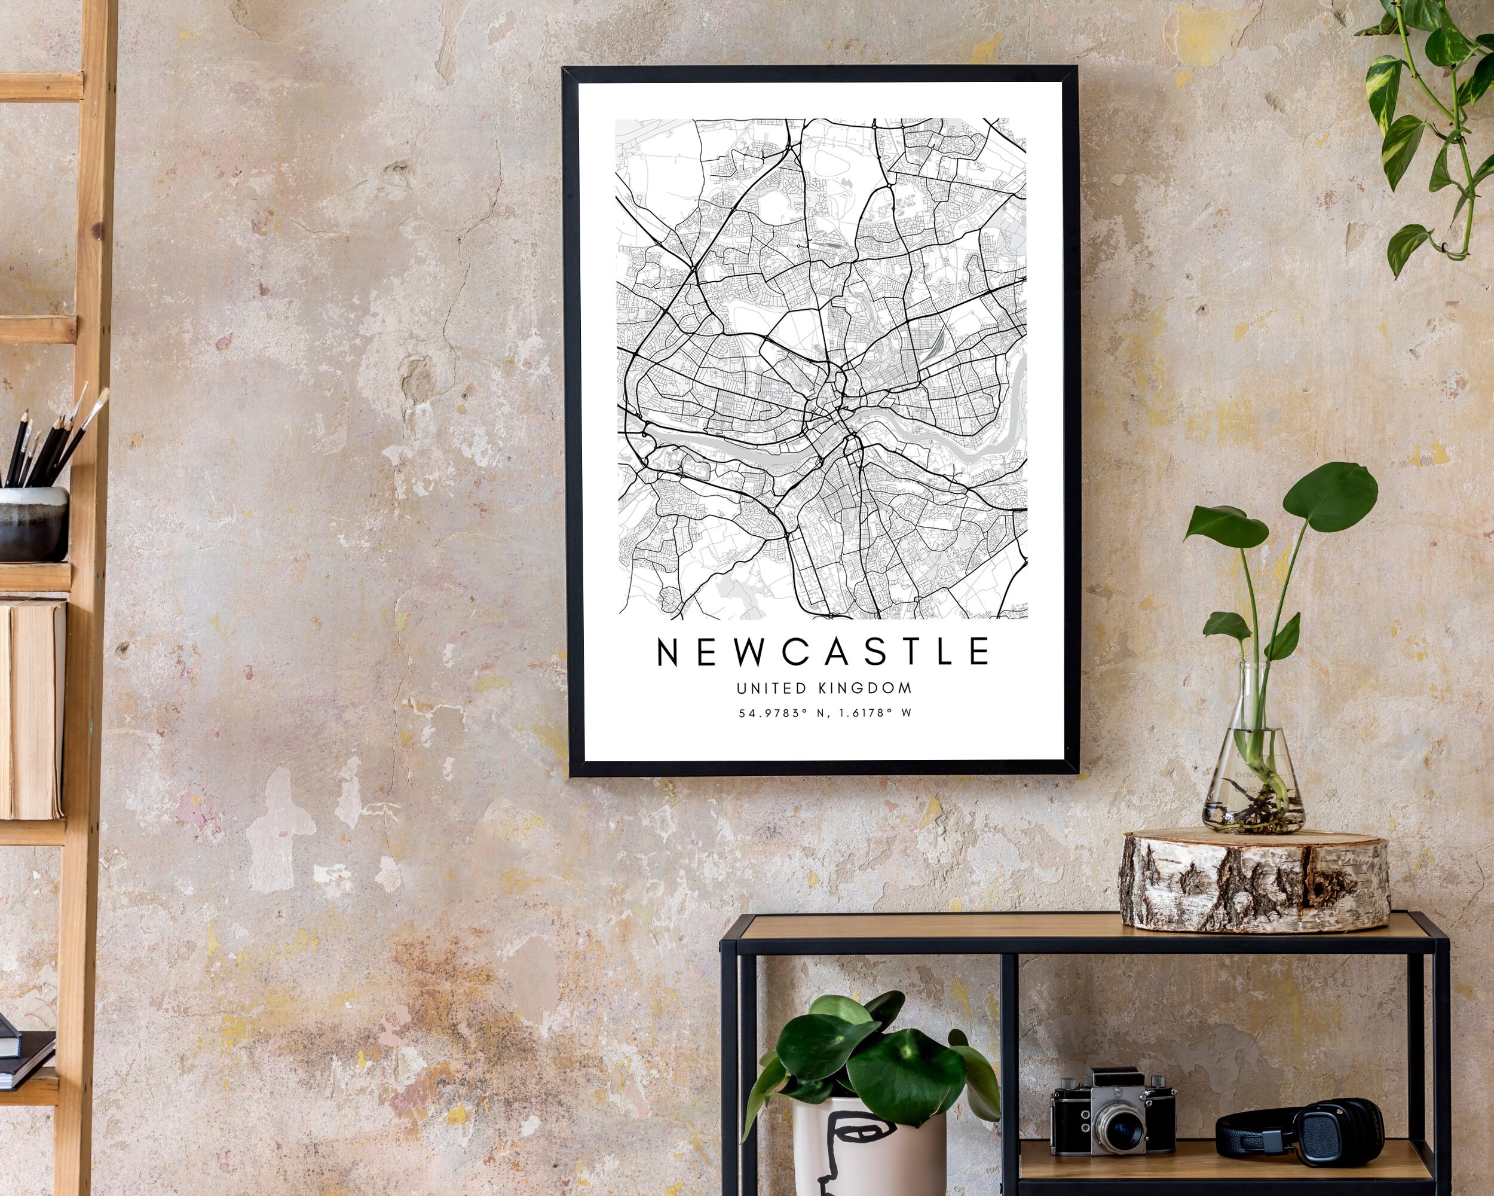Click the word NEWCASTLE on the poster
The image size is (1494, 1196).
(x=823, y=652)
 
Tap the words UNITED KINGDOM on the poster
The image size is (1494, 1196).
(x=824, y=688)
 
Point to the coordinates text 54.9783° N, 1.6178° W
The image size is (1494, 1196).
(x=824, y=713)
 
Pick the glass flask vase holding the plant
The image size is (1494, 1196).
(x=1253, y=770)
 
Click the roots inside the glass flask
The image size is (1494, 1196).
(x=1254, y=804)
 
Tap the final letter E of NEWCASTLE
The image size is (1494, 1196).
(x=980, y=652)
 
